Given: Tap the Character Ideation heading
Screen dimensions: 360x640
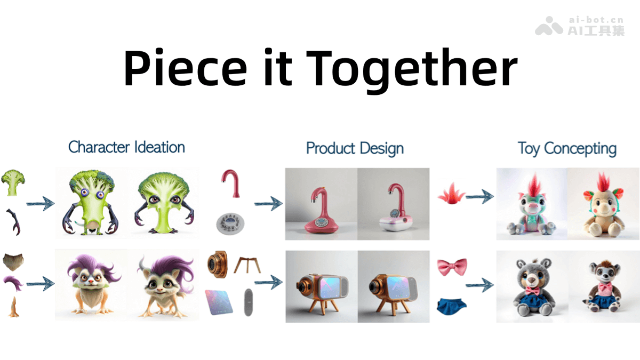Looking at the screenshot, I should (126, 147).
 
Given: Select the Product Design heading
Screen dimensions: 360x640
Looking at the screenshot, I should (355, 148).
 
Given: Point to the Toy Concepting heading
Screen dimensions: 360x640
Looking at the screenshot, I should (567, 148).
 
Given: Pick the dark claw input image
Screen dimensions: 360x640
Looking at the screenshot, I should (13, 222).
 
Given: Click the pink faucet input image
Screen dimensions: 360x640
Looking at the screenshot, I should (231, 184).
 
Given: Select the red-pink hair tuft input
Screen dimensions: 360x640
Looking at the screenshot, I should (451, 194).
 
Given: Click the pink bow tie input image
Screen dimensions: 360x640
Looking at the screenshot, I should (451, 266).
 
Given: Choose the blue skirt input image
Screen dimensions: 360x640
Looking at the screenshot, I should (451, 305).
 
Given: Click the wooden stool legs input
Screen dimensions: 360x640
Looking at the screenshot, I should (247, 265).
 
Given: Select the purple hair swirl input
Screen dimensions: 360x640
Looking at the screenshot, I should (13, 284).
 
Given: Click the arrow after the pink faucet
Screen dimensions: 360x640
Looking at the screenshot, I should (267, 203).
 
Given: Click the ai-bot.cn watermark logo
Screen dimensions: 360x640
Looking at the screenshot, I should (549, 25).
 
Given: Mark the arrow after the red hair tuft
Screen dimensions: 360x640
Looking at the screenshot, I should (479, 197).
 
